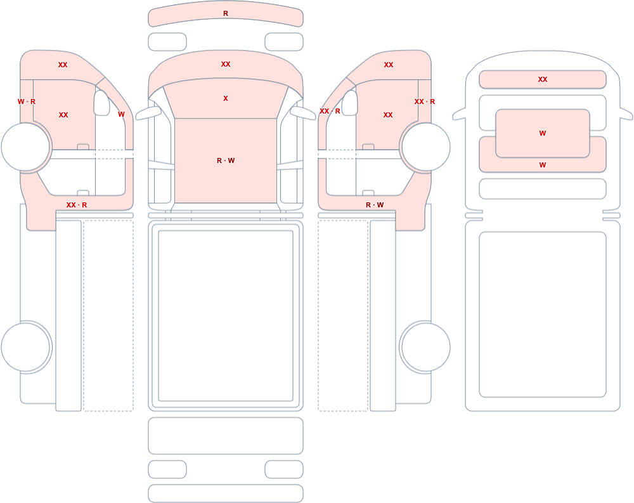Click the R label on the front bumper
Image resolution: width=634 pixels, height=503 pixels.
(226, 13)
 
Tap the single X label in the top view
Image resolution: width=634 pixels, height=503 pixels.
(226, 98)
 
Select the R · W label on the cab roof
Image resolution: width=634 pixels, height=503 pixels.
(226, 160)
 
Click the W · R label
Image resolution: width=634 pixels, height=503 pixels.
(27, 101)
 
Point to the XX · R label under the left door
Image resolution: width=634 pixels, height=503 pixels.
(77, 205)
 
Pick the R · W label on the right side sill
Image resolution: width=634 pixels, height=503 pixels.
(375, 205)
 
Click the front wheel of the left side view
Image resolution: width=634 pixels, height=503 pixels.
(26, 147)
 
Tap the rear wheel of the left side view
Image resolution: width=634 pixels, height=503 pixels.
(26, 347)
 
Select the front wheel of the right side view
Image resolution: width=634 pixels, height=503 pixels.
(425, 147)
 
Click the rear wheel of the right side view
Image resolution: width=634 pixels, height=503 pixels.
(425, 347)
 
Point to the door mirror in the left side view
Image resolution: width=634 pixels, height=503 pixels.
(102, 103)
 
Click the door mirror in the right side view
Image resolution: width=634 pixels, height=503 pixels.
(350, 103)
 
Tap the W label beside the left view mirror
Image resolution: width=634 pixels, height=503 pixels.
(121, 115)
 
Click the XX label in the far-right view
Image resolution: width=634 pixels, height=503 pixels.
(543, 80)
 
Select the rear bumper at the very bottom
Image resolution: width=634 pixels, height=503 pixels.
(226, 493)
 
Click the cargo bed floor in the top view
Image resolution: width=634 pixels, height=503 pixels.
(226, 316)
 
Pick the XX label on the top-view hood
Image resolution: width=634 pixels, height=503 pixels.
(226, 64)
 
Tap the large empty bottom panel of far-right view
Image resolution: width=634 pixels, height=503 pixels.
(543, 315)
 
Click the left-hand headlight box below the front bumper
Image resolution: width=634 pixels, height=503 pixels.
(167, 42)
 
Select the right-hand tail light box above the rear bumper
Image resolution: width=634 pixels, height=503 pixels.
(284, 469)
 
